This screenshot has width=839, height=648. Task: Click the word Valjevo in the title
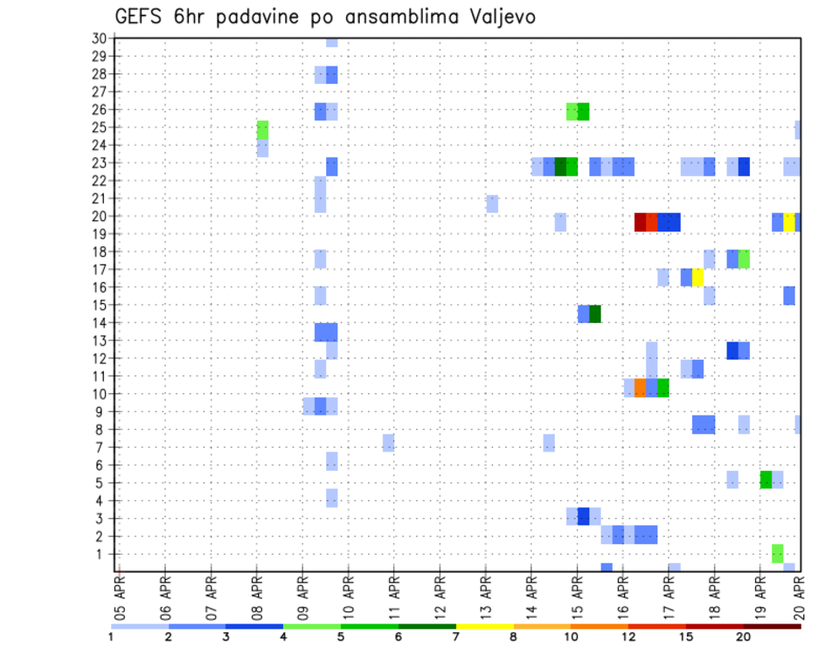coord(496,17)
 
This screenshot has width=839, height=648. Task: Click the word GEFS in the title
coord(138,17)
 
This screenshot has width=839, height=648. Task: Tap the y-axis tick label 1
coord(102,554)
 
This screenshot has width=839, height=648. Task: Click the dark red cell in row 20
coord(640,222)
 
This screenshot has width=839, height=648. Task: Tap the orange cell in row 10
coord(640,388)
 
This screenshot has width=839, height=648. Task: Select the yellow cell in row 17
coord(697,277)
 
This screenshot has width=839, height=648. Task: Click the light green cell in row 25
coord(262,130)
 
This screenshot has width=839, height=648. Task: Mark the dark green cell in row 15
coord(594,314)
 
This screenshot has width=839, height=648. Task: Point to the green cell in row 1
coord(777,553)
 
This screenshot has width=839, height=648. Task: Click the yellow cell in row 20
coord(788,222)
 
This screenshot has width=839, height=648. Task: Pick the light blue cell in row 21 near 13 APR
coord(492,203)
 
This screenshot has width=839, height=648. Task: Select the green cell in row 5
coord(766,479)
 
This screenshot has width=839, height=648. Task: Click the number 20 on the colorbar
coord(744,637)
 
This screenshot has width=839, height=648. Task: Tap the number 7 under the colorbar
coord(456,637)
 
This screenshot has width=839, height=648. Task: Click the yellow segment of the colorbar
coord(485,625)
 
